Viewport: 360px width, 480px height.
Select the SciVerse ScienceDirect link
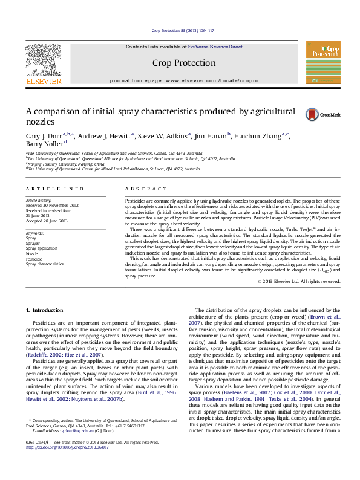pos(215,47)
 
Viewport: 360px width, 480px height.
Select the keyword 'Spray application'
pos(42,248)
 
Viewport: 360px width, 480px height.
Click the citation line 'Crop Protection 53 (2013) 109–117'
pos(180,30)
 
